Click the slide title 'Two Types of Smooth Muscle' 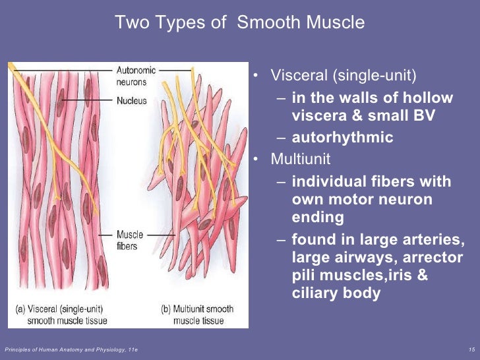(239, 23)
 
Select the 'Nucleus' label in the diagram (131, 101)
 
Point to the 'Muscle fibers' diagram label (130, 239)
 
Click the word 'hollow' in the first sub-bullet (429, 98)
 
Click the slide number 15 (470, 348)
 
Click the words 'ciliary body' (336, 293)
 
